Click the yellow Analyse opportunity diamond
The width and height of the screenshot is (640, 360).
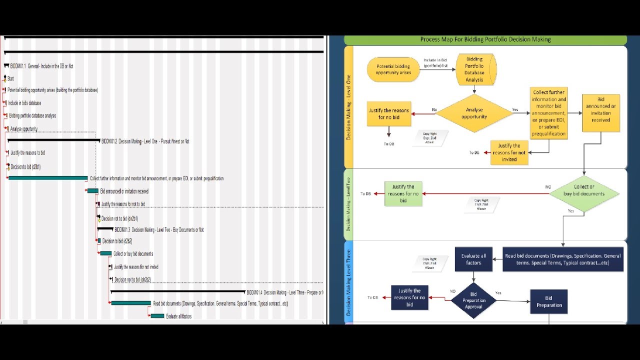(474, 113)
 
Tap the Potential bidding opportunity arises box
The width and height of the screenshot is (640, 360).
(393, 69)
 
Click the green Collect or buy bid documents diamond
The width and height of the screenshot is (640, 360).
(584, 193)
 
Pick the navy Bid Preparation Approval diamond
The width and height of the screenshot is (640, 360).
(473, 300)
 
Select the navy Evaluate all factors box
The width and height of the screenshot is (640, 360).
(473, 259)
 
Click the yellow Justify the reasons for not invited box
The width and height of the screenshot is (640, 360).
(509, 152)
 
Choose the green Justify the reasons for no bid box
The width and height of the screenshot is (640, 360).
(403, 193)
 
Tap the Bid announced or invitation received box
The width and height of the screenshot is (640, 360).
(600, 113)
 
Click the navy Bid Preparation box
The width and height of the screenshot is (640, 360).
(549, 301)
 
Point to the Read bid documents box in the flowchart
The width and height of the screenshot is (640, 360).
(563, 259)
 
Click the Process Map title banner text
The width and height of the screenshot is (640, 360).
(485, 39)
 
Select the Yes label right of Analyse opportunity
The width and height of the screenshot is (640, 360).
(515, 109)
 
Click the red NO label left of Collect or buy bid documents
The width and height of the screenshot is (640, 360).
(548, 187)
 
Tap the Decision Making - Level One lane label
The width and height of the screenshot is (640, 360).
(348, 107)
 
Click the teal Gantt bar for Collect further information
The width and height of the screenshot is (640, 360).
(48, 178)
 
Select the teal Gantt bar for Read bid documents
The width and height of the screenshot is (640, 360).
(131, 303)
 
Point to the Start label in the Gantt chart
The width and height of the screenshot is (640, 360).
(10, 78)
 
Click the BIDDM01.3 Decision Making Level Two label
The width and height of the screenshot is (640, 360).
(159, 230)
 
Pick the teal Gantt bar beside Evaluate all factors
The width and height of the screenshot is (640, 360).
(157, 316)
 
